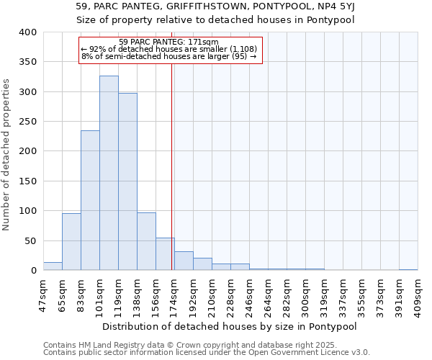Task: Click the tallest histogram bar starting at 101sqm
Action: (x=109, y=173)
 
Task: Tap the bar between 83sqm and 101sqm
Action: (x=90, y=200)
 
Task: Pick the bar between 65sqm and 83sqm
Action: (x=71, y=242)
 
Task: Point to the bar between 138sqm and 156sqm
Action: (x=146, y=242)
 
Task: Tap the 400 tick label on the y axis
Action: (x=27, y=32)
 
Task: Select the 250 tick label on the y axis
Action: (x=27, y=122)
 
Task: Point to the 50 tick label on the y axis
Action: (x=30, y=240)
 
